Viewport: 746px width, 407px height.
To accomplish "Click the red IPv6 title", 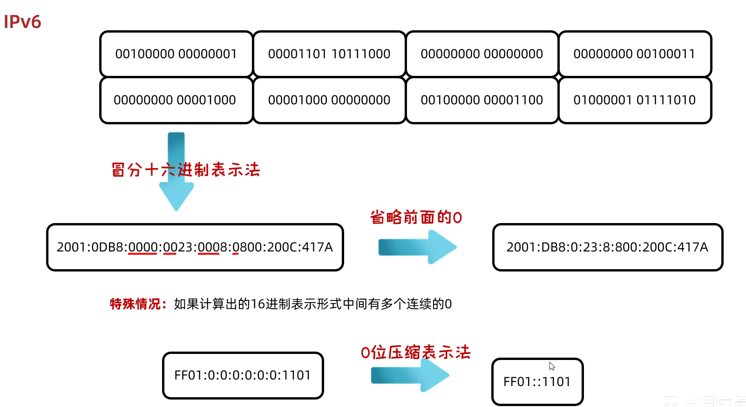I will tap(22, 22).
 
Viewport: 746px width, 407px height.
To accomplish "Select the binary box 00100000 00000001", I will tap(176, 54).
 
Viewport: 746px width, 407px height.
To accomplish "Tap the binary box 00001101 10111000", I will tap(329, 54).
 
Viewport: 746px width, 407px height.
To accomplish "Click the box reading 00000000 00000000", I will tap(482, 54).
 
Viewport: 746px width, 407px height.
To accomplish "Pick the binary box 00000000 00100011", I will tap(634, 54).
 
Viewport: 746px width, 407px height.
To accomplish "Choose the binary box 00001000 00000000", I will tap(329, 100).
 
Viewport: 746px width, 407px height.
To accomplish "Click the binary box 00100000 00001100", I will tap(482, 100).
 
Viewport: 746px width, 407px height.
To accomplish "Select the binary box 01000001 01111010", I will tap(634, 100).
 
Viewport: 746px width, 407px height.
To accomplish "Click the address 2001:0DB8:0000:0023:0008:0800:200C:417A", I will tap(195, 247).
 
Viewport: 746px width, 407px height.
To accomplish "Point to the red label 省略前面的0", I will tap(416, 217).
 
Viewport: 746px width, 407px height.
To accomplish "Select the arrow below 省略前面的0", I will tap(417, 247).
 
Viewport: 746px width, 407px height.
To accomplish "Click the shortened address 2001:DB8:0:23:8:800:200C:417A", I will tap(607, 247).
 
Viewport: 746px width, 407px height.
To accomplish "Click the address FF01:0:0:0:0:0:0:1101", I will tap(243, 375).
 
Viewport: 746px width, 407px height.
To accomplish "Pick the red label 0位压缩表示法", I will tap(415, 352).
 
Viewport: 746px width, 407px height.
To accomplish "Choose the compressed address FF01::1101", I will tap(537, 382).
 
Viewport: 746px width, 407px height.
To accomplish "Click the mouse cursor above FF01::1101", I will tap(552, 366).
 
